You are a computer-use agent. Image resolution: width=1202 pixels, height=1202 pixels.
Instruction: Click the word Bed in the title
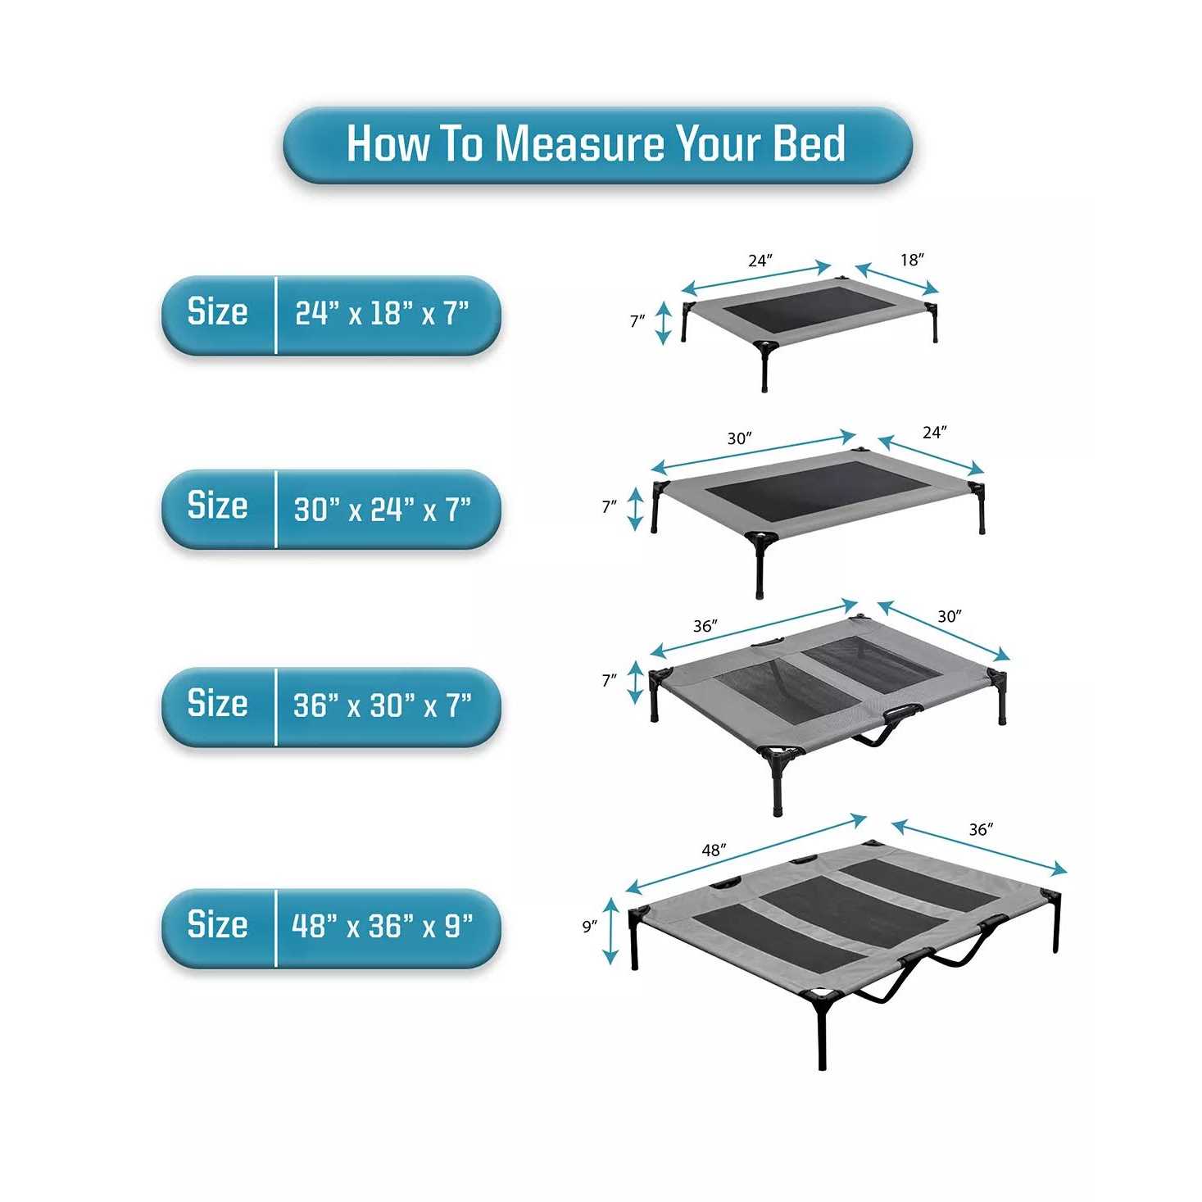pos(809,143)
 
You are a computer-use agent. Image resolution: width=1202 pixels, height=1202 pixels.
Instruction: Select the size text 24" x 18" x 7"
pos(382,312)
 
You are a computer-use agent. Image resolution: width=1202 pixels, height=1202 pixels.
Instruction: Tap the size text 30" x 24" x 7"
pos(382,508)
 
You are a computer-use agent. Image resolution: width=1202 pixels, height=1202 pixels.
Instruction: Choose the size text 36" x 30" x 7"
pos(382,704)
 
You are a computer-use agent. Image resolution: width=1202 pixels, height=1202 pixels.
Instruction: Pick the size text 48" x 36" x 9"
pos(382,925)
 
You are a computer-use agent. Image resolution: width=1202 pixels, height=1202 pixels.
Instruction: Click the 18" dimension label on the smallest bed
pos(912,260)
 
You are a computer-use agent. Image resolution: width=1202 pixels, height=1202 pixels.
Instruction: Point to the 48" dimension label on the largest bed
pos(714,850)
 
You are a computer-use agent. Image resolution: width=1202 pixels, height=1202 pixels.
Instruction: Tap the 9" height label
pos(589,927)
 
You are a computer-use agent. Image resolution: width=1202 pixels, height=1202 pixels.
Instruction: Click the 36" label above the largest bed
pos(982,829)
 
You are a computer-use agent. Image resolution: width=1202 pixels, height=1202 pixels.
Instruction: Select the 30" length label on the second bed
pos(739,438)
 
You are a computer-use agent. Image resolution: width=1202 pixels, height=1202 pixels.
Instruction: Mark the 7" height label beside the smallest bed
pos(637,321)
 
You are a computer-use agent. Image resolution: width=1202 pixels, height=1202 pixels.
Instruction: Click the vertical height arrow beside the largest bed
pos(610,931)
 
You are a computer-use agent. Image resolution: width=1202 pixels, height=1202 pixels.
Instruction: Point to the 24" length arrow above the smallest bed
pos(756,279)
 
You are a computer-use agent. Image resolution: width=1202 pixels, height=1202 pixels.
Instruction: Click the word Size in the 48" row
pos(217,924)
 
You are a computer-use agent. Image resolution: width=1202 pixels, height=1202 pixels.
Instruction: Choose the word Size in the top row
pos(217,311)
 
